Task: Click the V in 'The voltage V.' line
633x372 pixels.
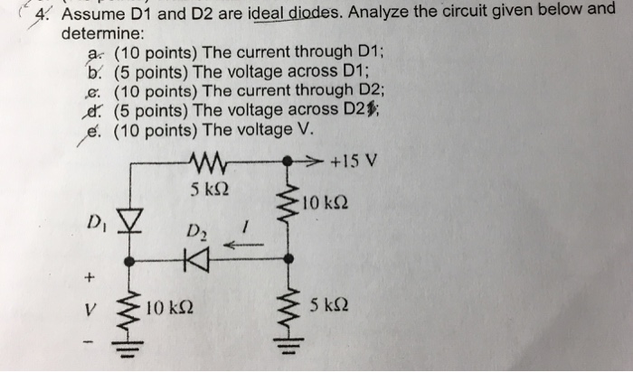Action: tap(309, 128)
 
